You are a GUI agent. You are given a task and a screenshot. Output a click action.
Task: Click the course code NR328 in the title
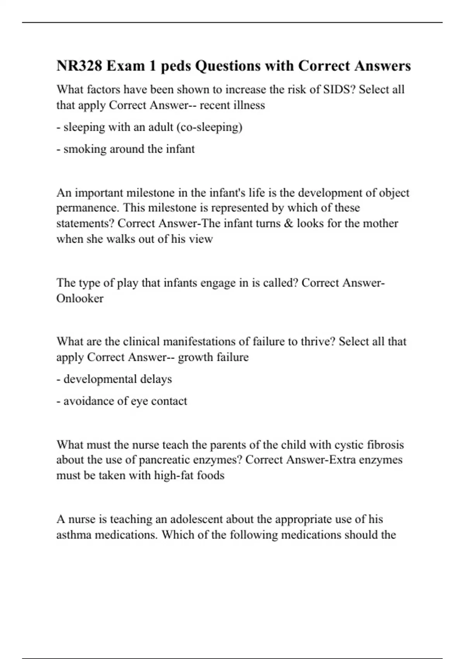pyautogui.click(x=79, y=66)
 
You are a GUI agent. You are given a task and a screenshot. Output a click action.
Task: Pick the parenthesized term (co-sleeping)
pyautogui.click(x=209, y=127)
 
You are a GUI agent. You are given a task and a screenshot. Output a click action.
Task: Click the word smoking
pyautogui.click(x=85, y=149)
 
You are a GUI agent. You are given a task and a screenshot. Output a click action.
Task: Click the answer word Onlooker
pyautogui.click(x=80, y=298)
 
